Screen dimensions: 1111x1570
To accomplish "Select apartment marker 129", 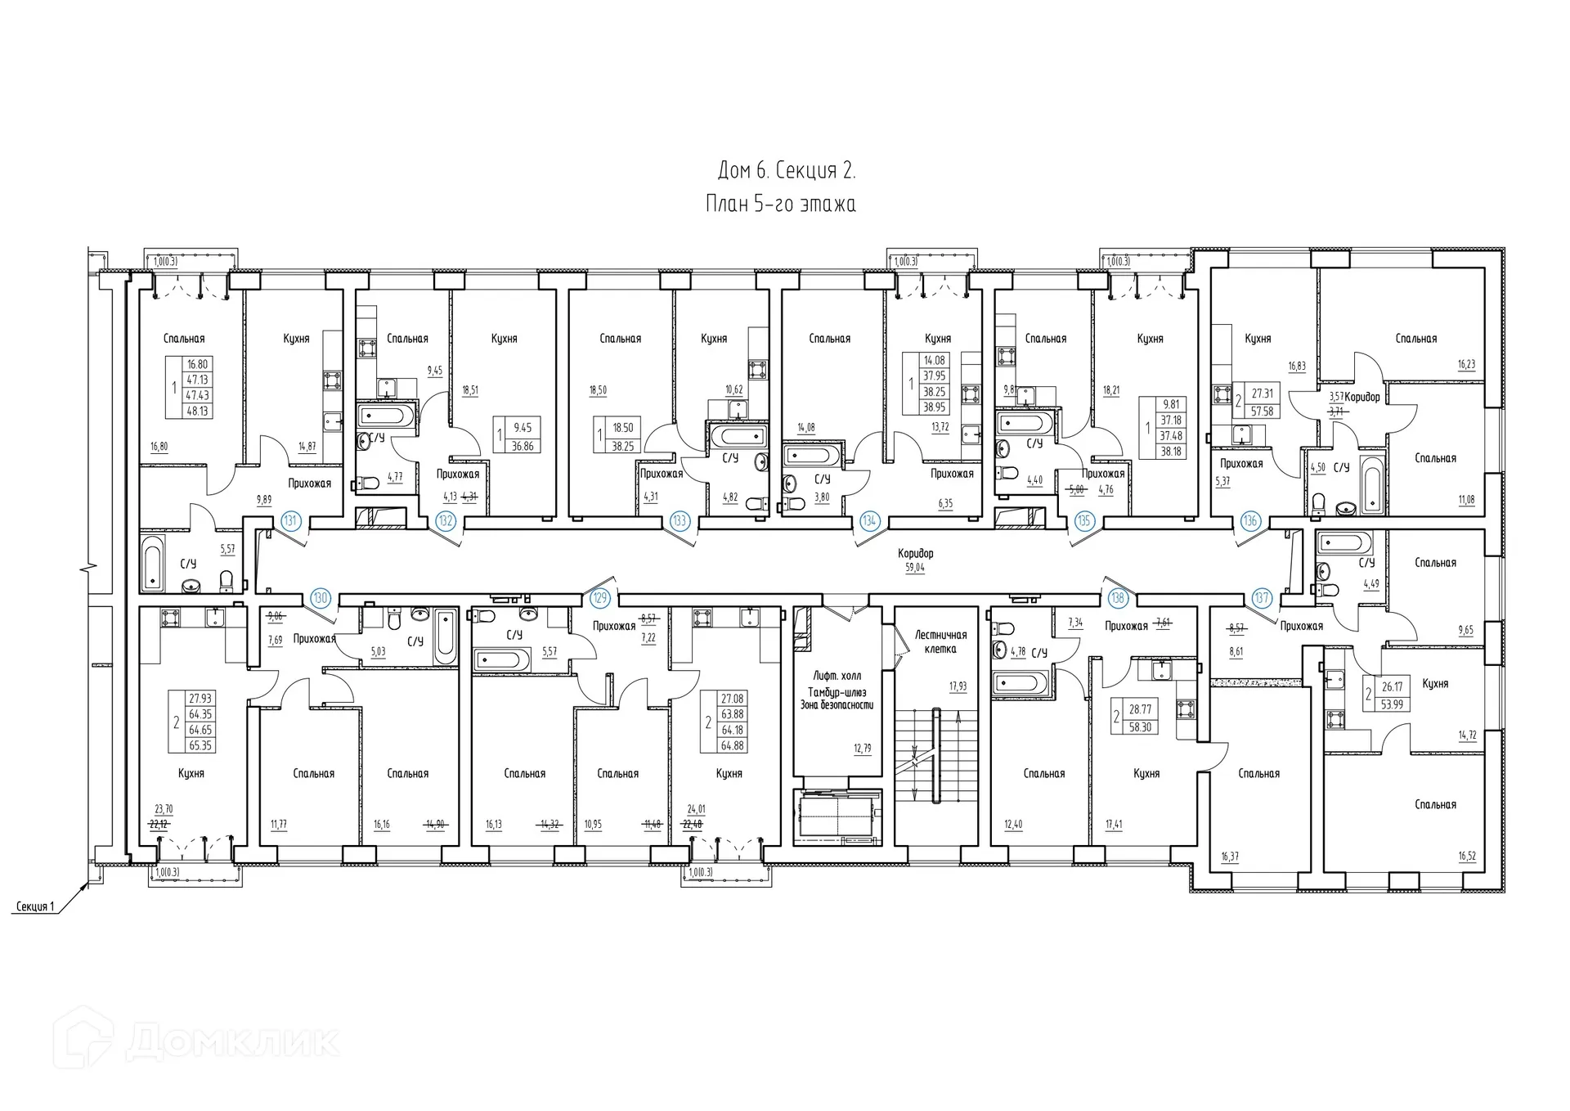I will (x=600, y=598).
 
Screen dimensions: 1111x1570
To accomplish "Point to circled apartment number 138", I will (x=1117, y=598).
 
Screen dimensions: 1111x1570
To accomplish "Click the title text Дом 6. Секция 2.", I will (x=786, y=170).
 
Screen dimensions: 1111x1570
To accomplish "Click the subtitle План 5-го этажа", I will (x=780, y=204).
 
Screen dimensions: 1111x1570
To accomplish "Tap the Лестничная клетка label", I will (x=940, y=641).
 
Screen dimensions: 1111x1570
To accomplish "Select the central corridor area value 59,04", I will (x=914, y=567).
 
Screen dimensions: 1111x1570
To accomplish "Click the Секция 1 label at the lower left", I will (x=35, y=906).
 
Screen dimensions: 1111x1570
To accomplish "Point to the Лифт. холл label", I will (x=837, y=677).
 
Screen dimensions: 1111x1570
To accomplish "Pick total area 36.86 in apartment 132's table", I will (x=522, y=446).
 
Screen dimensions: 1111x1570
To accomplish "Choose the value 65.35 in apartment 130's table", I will (x=200, y=745).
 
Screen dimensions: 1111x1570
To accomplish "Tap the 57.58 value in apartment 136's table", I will (x=1262, y=412).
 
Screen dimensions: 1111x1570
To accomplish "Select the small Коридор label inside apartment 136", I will (x=1361, y=397).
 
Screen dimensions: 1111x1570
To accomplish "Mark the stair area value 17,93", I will (x=957, y=686).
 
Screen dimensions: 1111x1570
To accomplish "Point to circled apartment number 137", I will (x=1261, y=598).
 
